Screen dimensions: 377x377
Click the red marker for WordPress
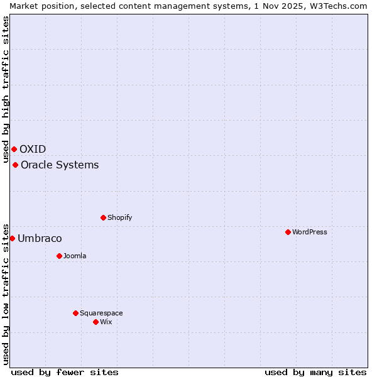(288, 232)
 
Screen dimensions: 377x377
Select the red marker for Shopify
(103, 217)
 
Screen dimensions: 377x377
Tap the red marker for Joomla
(59, 256)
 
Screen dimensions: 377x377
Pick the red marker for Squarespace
(75, 313)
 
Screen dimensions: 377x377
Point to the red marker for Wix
(96, 322)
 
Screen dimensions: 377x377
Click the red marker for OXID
(14, 149)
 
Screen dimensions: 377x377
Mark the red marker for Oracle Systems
(15, 165)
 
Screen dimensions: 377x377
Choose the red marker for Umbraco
(12, 238)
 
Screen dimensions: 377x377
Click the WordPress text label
(310, 232)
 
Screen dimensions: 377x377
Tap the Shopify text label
(120, 217)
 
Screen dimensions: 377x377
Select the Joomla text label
(75, 256)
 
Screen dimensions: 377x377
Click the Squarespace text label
(101, 313)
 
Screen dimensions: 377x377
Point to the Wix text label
(106, 322)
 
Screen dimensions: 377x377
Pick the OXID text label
(33, 149)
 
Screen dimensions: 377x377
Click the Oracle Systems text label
(60, 165)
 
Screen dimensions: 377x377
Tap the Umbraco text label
(40, 238)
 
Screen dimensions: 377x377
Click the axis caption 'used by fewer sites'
(65, 372)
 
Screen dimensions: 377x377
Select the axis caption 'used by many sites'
(315, 372)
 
